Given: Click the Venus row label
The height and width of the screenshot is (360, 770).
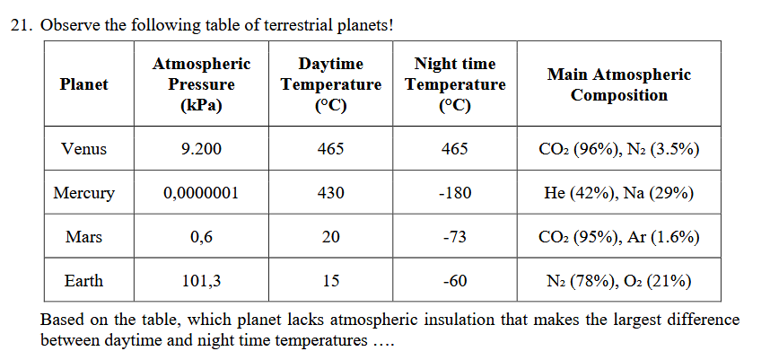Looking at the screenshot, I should click(83, 149).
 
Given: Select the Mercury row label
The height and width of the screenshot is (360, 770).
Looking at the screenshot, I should click(83, 193).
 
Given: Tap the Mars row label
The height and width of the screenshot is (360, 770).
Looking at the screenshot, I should click(83, 237).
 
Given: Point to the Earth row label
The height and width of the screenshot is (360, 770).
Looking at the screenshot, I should click(83, 281).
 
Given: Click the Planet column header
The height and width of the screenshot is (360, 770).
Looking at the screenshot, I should click(83, 84).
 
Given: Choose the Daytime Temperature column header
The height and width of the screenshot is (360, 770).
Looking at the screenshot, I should click(330, 84).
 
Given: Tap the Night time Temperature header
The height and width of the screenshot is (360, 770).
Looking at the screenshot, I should click(455, 84).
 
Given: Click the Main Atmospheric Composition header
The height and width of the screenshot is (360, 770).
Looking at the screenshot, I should click(619, 84).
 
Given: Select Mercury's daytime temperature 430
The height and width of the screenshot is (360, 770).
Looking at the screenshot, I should click(330, 193).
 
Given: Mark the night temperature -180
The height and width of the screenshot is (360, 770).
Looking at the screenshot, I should click(455, 193).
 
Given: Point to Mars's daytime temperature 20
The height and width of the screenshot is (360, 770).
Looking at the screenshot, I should click(330, 237).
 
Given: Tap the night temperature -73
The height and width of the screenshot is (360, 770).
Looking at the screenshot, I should click(455, 237).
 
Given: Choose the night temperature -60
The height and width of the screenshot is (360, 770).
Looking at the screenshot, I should click(455, 281).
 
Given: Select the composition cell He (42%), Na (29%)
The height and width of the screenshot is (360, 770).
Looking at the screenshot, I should click(619, 193).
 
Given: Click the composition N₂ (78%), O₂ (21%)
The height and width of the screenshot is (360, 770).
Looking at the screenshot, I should click(619, 281).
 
